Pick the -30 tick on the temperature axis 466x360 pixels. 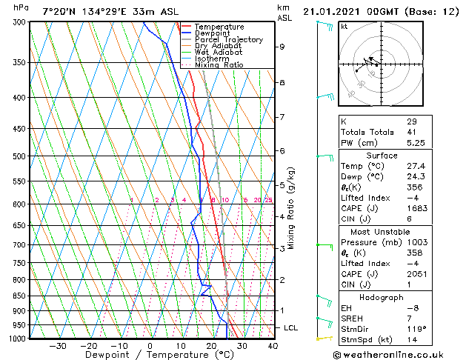57,345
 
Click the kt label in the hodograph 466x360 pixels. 344,26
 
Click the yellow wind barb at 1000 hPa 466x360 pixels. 322,338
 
